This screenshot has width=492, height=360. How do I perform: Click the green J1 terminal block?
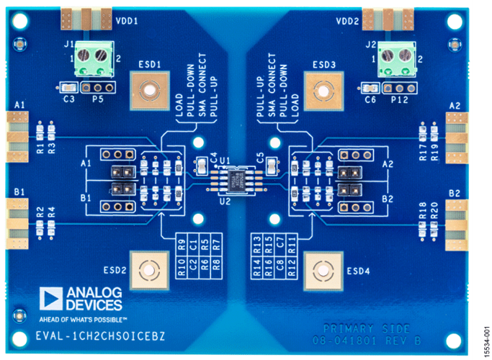click(x=95, y=58)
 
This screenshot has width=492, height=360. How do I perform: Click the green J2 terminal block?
click(x=398, y=58)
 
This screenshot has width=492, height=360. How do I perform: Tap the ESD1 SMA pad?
click(x=149, y=91)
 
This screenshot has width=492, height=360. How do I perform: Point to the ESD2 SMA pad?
click(x=148, y=271)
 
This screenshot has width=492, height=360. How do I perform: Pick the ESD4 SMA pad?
click(x=323, y=271)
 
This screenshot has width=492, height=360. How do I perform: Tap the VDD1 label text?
click(x=126, y=21)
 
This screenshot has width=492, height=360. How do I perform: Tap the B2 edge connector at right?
click(x=457, y=225)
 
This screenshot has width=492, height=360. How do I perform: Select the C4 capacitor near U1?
click(x=203, y=166)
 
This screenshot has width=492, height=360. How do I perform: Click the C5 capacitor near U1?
click(x=272, y=166)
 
